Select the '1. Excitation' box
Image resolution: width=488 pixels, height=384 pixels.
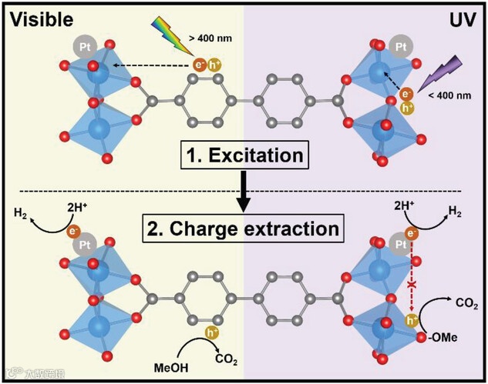click(244, 155)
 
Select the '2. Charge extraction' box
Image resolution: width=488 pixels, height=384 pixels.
click(244, 229)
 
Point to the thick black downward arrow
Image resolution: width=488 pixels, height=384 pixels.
click(244, 192)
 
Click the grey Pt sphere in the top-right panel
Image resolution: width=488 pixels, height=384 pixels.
click(400, 48)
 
